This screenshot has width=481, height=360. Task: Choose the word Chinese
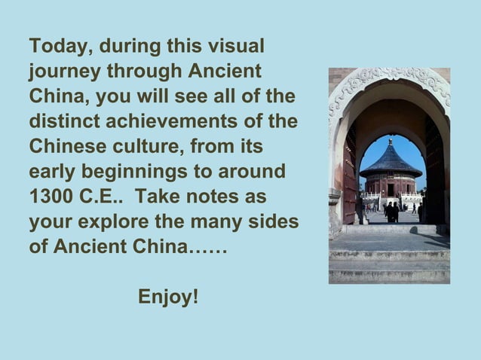(63, 146)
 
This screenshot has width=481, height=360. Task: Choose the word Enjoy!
(169, 297)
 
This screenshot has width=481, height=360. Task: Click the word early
(54, 171)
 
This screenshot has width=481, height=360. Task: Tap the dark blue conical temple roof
(391, 162)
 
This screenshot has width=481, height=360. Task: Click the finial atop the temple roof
(391, 140)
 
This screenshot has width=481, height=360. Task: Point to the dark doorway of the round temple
(391, 190)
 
